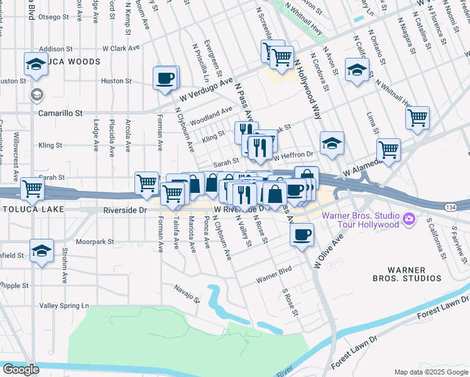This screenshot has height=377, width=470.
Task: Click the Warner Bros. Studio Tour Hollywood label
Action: [x=360, y=220]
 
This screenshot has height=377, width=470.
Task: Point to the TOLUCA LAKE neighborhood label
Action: [x=30, y=208]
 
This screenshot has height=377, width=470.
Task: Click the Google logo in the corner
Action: [x=20, y=369]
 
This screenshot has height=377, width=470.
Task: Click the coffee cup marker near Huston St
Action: [x=165, y=79]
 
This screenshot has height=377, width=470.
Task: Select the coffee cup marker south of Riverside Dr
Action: [x=302, y=236]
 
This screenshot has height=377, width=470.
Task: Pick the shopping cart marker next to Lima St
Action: [x=417, y=117]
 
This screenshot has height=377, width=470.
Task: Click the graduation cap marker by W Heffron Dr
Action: [x=331, y=145]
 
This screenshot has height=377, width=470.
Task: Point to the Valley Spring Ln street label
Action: [x=62, y=306]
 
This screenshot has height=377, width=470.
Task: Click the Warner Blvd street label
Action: [x=275, y=276]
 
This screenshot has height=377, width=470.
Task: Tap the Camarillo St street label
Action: [x=60, y=113]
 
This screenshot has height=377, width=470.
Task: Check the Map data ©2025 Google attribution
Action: [x=430, y=371]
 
